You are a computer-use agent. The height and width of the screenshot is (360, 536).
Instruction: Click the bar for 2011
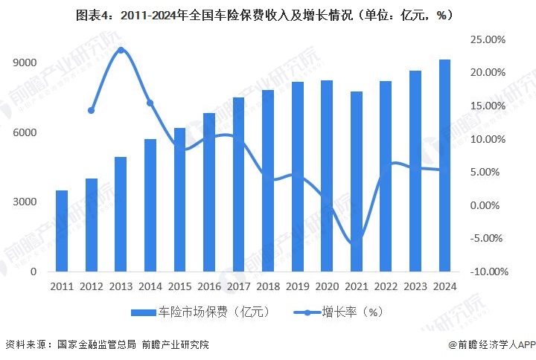[x=61, y=231]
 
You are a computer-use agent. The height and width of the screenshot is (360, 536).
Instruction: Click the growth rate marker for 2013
[x=121, y=51]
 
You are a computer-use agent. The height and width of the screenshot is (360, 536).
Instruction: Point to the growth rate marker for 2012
[x=91, y=110]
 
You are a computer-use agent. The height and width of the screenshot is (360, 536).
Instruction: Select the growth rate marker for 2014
[x=150, y=103]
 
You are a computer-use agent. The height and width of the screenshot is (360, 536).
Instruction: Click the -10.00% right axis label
[x=488, y=272]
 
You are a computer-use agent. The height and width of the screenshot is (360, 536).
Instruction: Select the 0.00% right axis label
[x=491, y=205]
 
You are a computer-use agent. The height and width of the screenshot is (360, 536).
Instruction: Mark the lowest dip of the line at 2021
[x=356, y=243]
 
